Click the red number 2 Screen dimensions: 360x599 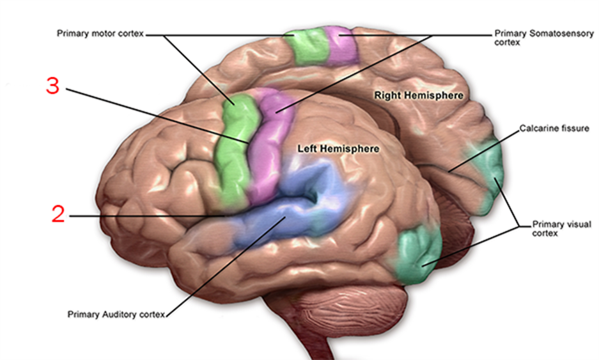click(58, 214)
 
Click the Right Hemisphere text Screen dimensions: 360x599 click(418, 95)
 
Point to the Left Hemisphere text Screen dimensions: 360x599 click(338, 148)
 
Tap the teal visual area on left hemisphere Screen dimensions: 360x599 click(419, 256)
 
